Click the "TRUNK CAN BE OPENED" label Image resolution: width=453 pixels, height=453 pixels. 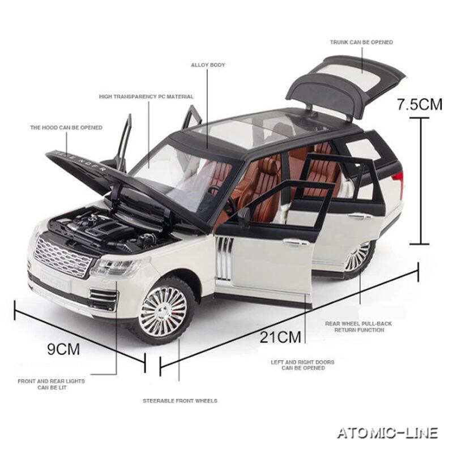pos(361,42)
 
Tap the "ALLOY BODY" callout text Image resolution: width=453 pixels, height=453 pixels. pos(207,65)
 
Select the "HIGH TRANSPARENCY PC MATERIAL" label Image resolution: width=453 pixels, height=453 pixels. pos(146,97)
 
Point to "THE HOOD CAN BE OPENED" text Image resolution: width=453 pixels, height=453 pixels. pos(66,128)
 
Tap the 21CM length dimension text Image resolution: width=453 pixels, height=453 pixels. pos(280,337)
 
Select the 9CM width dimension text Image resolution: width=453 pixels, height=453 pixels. pos(63,349)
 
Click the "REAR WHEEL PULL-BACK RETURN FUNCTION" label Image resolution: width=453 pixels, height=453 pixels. pos(358,327)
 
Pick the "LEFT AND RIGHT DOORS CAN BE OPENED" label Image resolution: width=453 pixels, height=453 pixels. pos(302,365)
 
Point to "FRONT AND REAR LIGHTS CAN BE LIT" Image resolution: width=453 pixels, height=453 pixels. pos(52,384)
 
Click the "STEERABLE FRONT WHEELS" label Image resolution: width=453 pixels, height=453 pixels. pos(180,401)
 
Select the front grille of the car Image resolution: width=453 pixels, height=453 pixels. pos(62,257)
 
